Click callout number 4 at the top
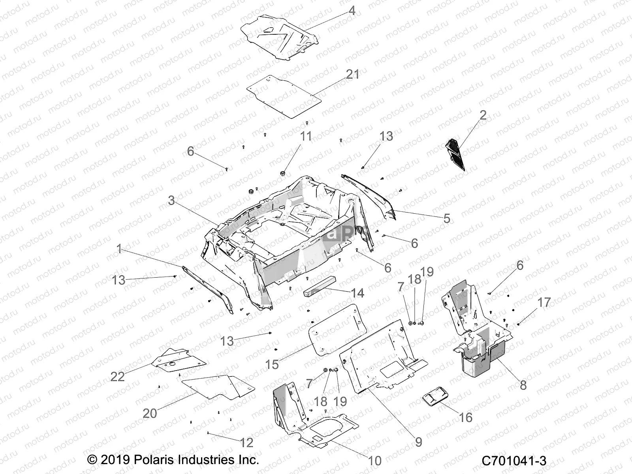click(x=352, y=11)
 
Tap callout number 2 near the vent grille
click(x=483, y=115)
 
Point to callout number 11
click(x=306, y=136)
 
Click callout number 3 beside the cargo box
click(x=171, y=200)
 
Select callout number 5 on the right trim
click(x=447, y=218)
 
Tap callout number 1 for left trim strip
click(x=119, y=249)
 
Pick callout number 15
click(x=272, y=364)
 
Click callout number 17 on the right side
click(x=544, y=303)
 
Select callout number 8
click(x=523, y=385)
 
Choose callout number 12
click(x=246, y=443)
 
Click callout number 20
click(x=150, y=414)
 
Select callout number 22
click(x=117, y=376)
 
